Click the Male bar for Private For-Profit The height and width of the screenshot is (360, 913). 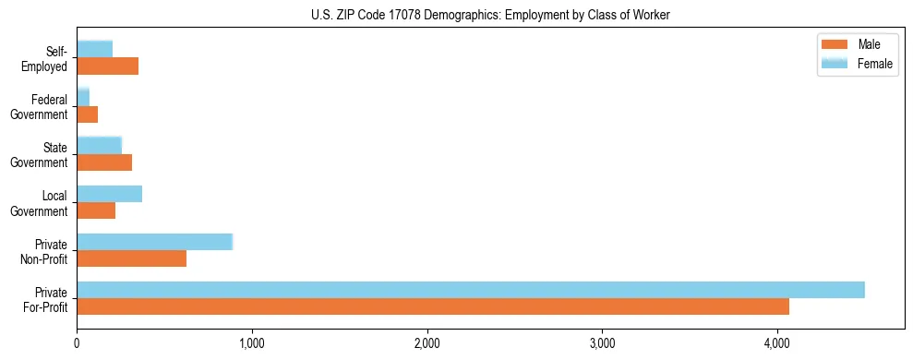click(x=433, y=306)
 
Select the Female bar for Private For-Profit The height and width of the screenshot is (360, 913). click(x=471, y=290)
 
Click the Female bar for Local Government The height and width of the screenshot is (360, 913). click(x=110, y=194)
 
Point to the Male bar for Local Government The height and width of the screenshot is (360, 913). click(x=96, y=210)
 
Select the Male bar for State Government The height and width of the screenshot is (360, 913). click(x=104, y=162)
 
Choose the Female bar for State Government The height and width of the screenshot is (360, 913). click(x=100, y=145)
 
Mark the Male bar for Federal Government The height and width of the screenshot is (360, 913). click(x=88, y=114)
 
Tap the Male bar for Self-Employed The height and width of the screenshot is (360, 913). click(x=108, y=66)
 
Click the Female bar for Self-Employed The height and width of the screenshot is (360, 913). click(x=95, y=49)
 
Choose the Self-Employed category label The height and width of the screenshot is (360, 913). click(x=48, y=59)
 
